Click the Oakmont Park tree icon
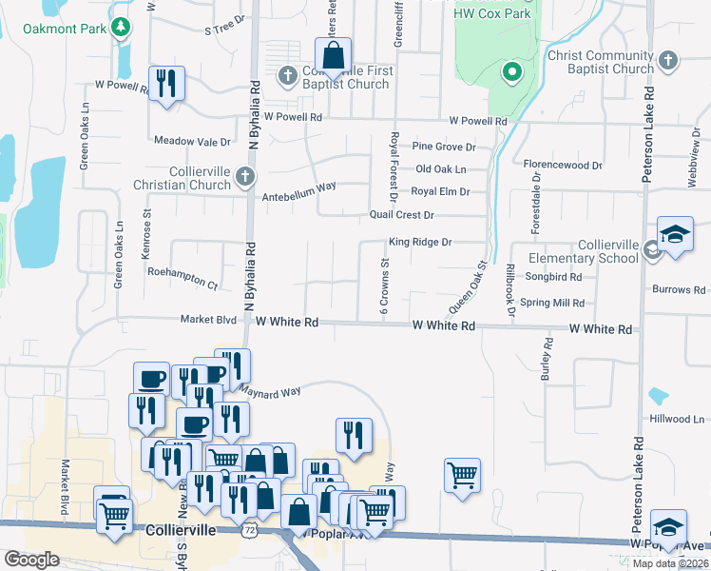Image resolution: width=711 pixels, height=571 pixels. pos(120,28)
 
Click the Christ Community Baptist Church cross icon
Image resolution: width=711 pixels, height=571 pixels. pos(668,61)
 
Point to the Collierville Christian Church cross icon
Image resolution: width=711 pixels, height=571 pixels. pos(245,176)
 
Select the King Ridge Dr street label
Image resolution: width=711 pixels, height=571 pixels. pos(419,243)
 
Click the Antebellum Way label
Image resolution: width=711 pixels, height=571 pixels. pos(299,187)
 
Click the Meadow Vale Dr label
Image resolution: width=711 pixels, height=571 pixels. pos(193,142)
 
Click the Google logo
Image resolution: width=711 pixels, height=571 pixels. pos(31,560)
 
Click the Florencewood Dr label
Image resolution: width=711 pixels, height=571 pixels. pos(564,165)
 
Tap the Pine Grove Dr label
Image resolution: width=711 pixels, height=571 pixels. pos(444,147)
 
